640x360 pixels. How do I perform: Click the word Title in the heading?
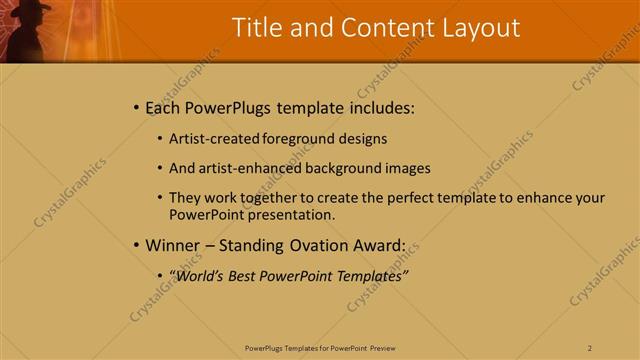pos(256,28)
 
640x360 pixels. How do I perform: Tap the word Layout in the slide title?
pos(479,28)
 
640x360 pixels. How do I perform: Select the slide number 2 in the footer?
pos(590,347)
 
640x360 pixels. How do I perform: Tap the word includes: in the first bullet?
pos(378,107)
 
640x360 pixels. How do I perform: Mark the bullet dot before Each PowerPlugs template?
pos(136,107)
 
